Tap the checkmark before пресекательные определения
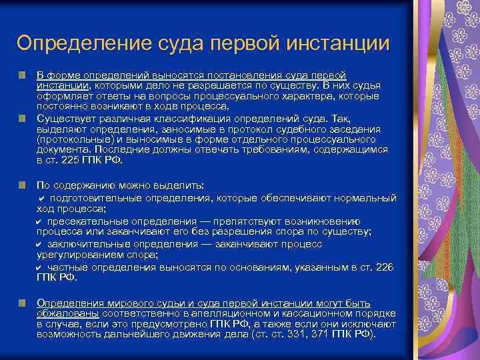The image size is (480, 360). pos(40,221)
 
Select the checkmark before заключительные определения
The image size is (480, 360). pos(40,244)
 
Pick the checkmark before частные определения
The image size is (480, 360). pos(40,267)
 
